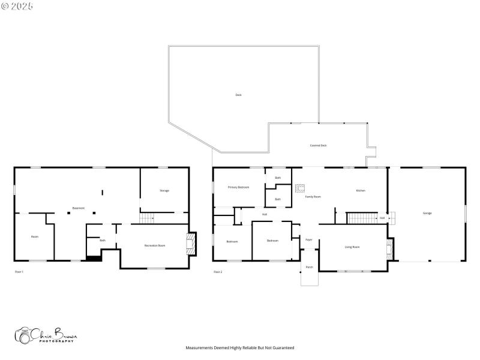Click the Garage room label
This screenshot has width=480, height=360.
[427, 213]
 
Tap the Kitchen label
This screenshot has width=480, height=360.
[361, 191]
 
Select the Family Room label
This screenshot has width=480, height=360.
[313, 197]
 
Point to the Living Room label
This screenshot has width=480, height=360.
[352, 247]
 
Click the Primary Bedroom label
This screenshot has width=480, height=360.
[238, 187]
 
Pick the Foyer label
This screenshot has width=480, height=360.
[309, 239]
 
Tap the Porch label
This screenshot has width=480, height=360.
[310, 267]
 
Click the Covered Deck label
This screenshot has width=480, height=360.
[318, 145]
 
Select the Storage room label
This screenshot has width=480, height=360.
[164, 191]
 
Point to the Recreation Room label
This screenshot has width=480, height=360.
[155, 245]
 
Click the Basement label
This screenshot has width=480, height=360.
[79, 208]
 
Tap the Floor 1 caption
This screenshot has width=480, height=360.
[19, 272]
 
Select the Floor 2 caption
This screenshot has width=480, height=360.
[218, 272]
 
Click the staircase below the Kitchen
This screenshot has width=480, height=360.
[362, 218]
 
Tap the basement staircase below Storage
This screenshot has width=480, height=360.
[147, 218]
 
